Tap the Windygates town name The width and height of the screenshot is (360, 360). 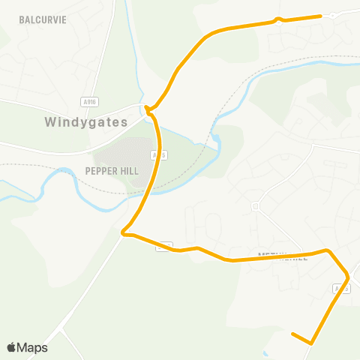click(85, 121)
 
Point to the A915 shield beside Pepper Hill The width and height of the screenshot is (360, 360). click(155, 154)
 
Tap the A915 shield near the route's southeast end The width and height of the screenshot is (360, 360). click(341, 288)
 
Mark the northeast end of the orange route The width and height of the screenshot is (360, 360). click(321, 15)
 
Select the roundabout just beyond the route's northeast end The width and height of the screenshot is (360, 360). click(332, 14)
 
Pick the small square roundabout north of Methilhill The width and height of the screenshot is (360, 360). click(256, 205)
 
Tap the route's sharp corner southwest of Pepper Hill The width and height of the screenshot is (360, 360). click(124, 235)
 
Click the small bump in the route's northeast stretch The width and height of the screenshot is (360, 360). click(279, 19)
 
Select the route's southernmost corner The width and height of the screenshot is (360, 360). click(310, 343)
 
